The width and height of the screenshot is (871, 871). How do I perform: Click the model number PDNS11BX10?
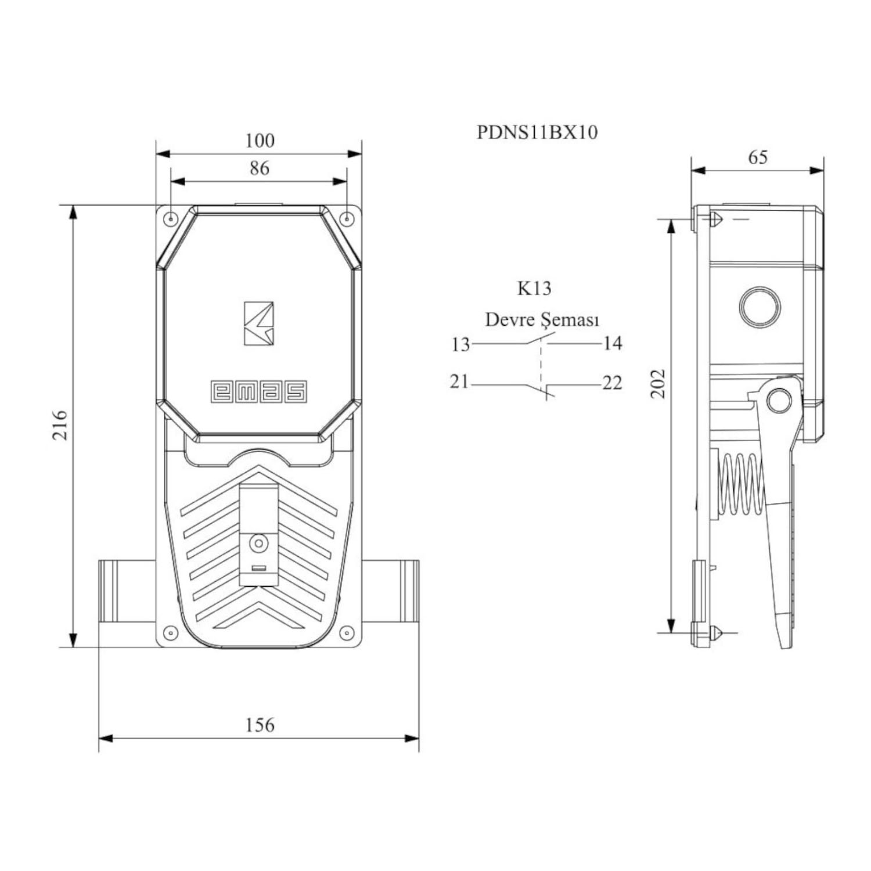537,132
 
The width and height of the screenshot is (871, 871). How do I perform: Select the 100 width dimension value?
260,141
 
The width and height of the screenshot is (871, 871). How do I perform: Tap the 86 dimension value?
260,168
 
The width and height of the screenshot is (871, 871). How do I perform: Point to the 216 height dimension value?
60,424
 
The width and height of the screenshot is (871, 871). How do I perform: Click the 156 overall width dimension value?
259,725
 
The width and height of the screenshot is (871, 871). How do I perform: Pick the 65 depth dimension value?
758,157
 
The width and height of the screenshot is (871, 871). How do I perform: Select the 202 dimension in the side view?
658,383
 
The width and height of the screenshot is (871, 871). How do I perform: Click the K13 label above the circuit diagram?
534,288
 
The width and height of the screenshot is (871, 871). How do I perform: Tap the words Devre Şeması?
542,319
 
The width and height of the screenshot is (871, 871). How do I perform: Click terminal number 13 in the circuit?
460,344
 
